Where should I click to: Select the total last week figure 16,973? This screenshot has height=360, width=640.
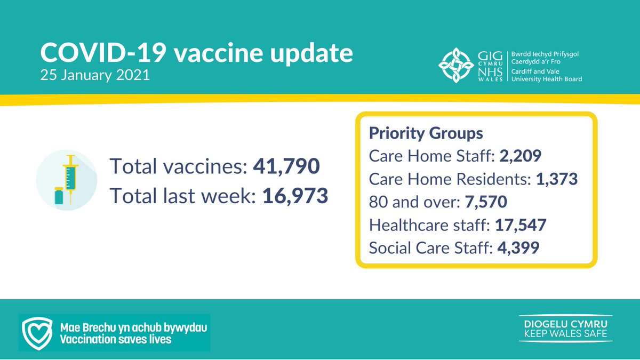[295, 196]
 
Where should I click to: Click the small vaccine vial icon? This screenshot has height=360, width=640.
[59, 196]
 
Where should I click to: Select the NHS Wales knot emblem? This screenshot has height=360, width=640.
[454, 67]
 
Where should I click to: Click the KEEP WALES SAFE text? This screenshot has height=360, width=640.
[565, 334]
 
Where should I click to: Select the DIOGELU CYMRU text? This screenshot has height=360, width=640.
[565, 323]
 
